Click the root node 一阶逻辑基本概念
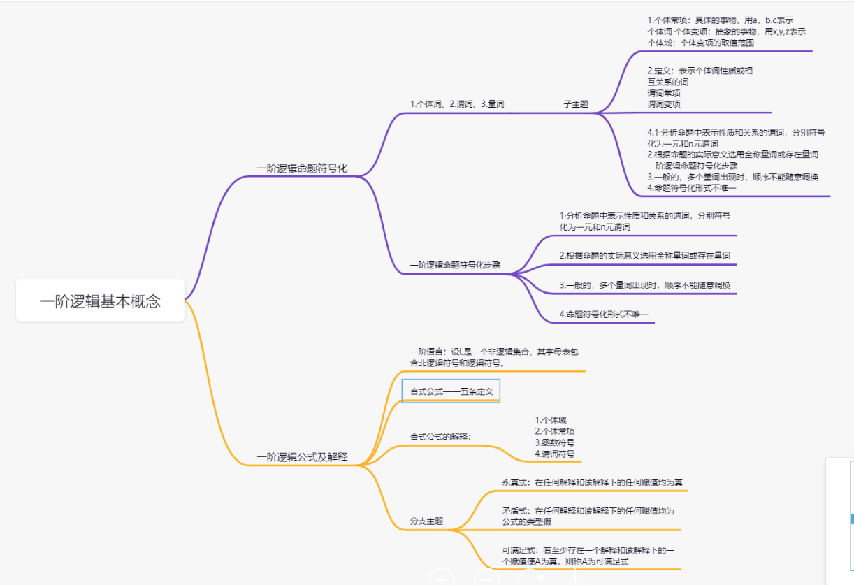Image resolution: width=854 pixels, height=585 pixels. click(100, 301)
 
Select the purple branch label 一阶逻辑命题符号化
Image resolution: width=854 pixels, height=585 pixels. click(302, 168)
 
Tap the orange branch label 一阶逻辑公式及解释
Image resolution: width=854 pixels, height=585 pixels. click(302, 457)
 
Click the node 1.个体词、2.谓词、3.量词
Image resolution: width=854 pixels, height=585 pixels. click(457, 104)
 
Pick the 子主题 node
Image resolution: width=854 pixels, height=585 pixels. click(576, 104)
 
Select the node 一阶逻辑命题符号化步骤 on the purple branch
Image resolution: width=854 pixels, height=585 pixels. click(455, 265)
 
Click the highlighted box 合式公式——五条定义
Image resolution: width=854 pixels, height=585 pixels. click(451, 391)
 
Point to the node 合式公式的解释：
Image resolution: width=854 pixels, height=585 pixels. click(440, 437)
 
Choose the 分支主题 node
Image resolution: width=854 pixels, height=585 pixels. click(426, 521)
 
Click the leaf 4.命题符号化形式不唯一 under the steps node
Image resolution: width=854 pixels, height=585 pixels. click(604, 315)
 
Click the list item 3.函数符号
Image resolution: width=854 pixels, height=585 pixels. click(555, 442)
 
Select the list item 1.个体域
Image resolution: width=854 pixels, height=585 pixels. click(551, 420)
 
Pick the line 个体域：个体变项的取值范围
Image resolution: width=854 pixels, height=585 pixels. click(700, 43)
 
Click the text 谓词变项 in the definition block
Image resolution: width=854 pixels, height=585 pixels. click(664, 104)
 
